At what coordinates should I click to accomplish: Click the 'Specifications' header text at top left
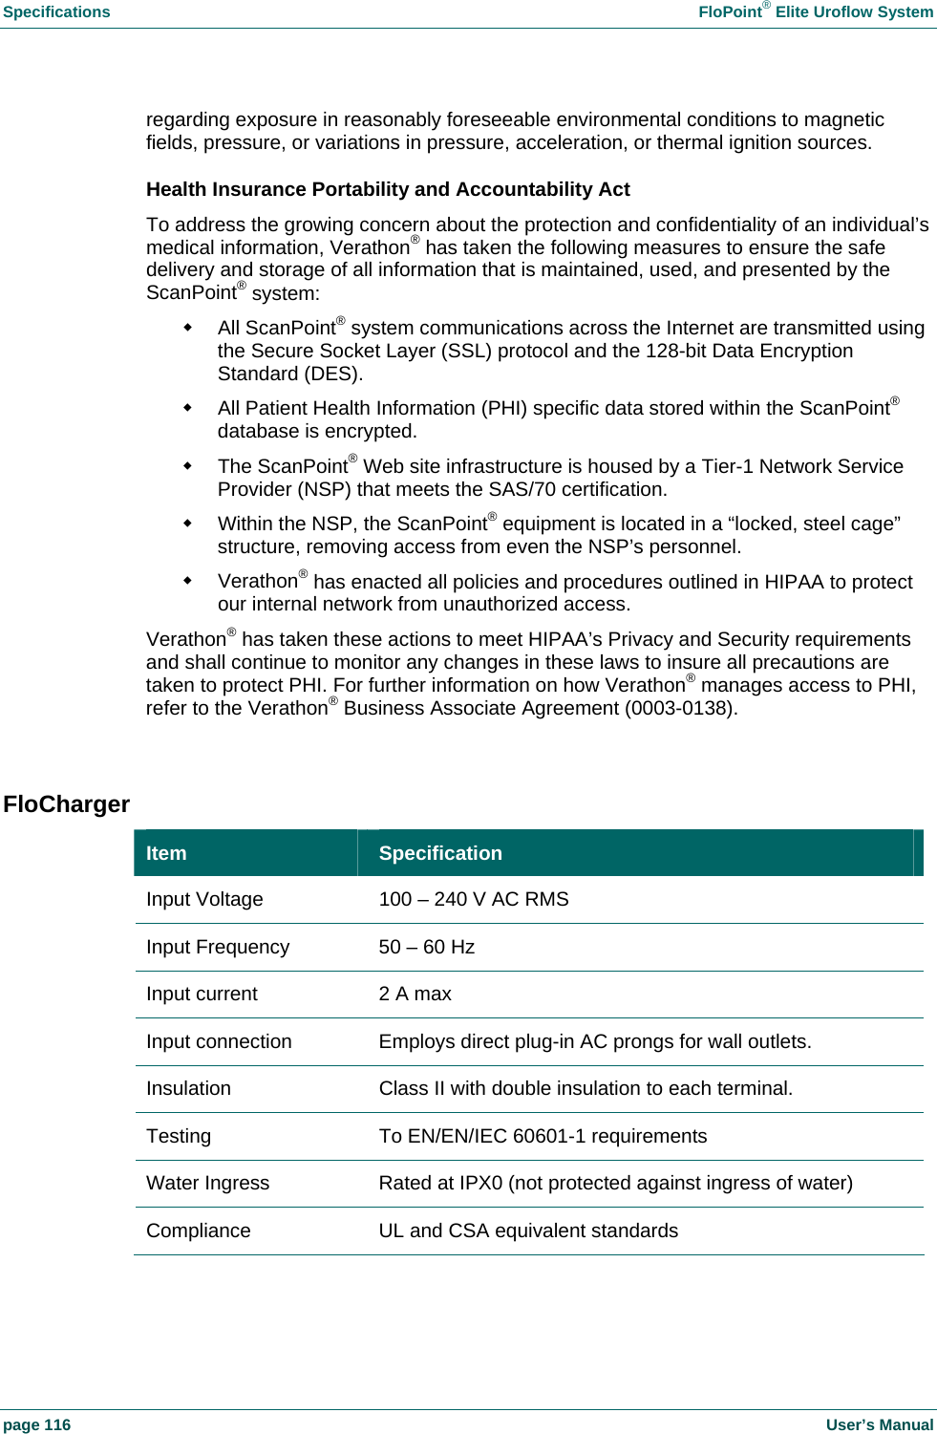coord(56,12)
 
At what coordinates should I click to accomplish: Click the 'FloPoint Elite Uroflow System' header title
coord(815,12)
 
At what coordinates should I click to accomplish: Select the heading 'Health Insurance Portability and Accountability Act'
coord(388,189)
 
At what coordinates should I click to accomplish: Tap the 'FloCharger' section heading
coord(66,804)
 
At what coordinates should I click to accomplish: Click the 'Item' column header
coord(166,853)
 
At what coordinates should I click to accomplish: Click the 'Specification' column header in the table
coord(440,853)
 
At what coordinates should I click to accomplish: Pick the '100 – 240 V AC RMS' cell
coord(474,899)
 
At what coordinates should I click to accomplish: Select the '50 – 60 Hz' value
coord(427,947)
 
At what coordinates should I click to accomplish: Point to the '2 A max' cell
coord(415,994)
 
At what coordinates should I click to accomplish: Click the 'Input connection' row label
coord(219,1041)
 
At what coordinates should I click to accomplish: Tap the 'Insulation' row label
coord(188,1088)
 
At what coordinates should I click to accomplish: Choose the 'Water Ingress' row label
coord(207,1183)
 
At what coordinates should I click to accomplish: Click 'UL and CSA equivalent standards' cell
coord(528,1231)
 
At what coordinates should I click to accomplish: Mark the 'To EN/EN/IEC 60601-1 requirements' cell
coord(543,1136)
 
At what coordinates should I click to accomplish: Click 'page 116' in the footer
coord(37,1424)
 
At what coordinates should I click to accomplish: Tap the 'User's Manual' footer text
coord(879,1424)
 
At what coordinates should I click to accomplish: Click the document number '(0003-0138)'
coord(680,709)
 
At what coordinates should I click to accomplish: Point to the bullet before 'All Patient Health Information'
coord(188,408)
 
